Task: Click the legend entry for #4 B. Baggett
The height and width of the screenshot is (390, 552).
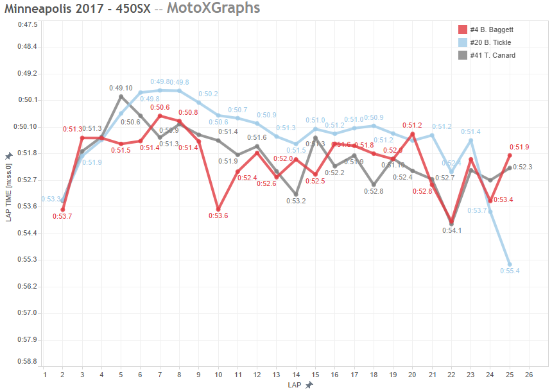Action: (x=486, y=30)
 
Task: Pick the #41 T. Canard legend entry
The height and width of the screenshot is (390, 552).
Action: (x=487, y=55)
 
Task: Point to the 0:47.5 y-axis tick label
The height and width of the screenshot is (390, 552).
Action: (x=28, y=24)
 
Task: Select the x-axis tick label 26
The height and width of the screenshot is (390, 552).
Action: (x=529, y=375)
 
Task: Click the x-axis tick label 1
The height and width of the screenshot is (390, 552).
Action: (x=44, y=375)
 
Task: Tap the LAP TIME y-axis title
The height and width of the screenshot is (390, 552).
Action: (x=9, y=192)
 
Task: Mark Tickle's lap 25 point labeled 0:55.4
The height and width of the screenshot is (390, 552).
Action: (x=510, y=264)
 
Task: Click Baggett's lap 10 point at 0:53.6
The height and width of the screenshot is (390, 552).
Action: (x=218, y=209)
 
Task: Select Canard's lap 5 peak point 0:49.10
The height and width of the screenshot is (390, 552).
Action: (x=121, y=96)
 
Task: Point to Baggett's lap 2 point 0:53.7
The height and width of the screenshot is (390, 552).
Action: (x=63, y=209)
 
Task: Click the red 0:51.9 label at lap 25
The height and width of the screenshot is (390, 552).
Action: (x=519, y=148)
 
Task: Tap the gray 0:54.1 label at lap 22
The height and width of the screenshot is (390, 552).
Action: (x=452, y=230)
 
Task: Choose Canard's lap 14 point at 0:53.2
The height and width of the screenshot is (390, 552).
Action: (x=296, y=194)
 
